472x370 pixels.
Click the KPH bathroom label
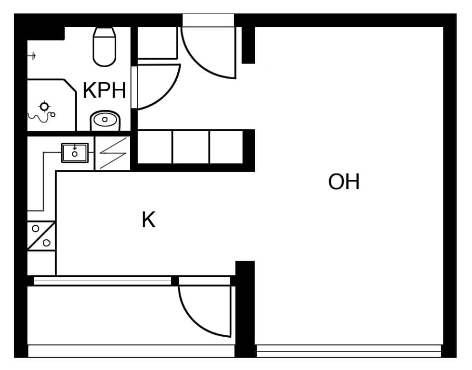(104, 90)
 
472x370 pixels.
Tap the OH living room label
(344, 182)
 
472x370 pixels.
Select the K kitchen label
(148, 220)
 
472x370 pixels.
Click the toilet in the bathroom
(104, 47)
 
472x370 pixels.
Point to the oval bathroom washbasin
(105, 120)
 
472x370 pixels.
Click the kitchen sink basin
(75, 153)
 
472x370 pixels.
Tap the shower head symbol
(44, 107)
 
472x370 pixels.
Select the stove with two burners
(41, 236)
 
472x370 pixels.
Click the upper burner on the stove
(36, 229)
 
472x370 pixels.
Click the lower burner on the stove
(47, 243)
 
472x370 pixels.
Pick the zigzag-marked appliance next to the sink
(113, 153)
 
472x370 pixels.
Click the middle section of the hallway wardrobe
(191, 147)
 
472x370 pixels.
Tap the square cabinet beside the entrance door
(157, 42)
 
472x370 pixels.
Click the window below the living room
(349, 351)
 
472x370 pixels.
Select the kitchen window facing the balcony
(102, 281)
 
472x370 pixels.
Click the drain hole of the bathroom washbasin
(105, 120)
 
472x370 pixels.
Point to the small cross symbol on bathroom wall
(33, 56)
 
